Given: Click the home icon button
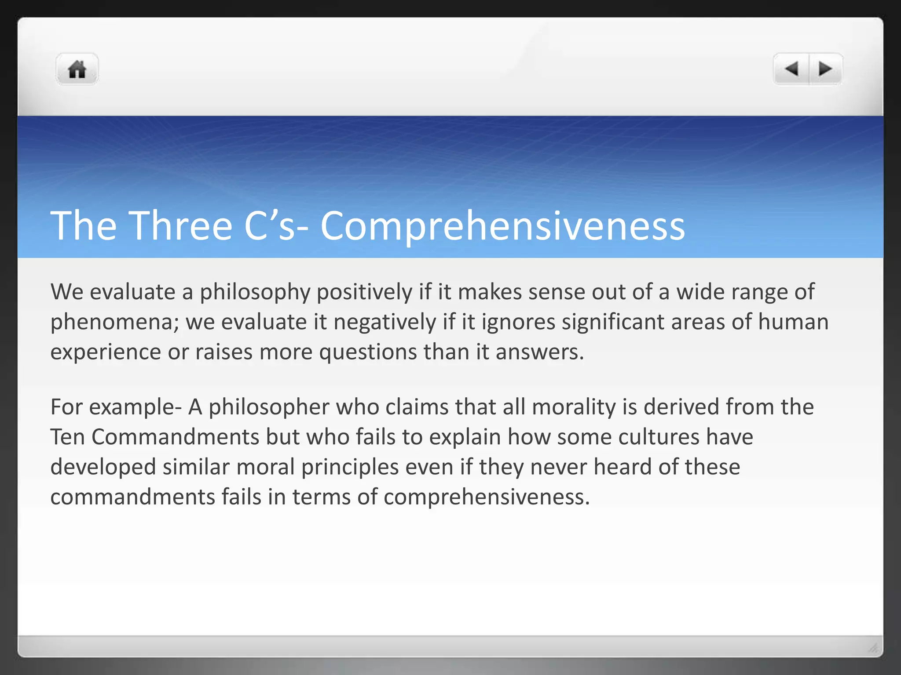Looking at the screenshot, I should (77, 69).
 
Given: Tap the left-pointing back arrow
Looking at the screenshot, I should (791, 69).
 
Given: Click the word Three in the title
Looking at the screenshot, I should (180, 226).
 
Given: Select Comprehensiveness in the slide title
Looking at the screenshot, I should (502, 227).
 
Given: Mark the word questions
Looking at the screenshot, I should (368, 352).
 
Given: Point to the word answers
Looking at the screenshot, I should (539, 352).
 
